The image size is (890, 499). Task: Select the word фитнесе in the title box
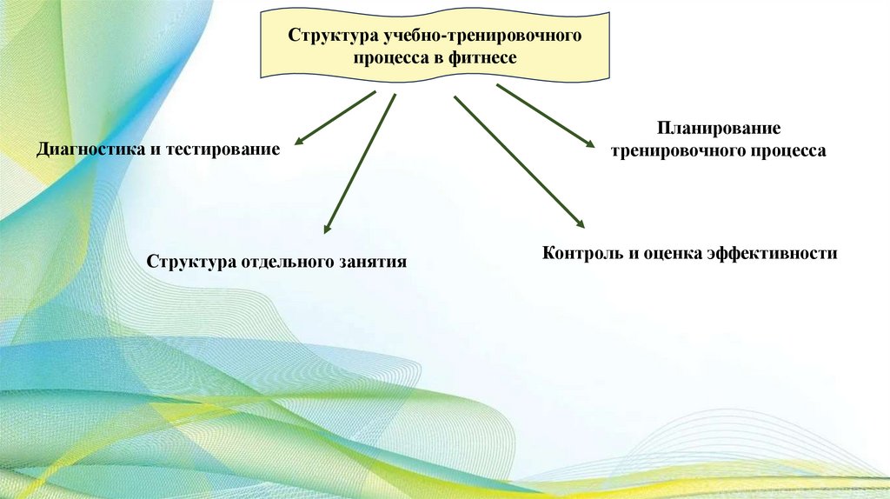coord(487,58)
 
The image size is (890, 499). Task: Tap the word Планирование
coord(718,129)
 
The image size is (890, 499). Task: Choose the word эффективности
coord(772,253)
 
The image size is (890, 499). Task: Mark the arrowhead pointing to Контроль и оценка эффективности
coord(580,223)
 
